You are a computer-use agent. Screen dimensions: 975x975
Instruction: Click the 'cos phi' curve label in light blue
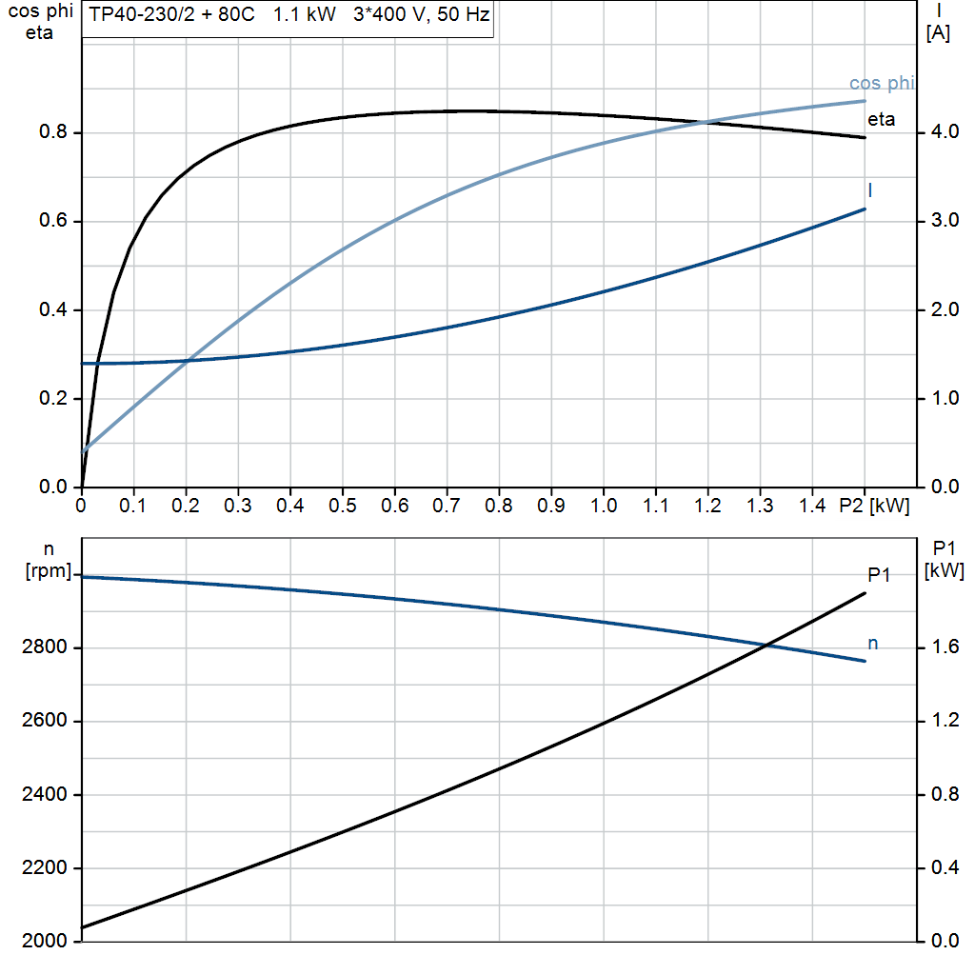881,84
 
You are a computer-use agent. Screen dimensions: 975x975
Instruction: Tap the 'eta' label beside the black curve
881,120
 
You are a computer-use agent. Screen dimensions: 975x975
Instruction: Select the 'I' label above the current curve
870,190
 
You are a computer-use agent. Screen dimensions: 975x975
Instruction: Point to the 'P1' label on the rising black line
879,574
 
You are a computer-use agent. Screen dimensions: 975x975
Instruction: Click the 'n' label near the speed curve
872,645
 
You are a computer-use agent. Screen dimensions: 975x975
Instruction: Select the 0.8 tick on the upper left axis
53,132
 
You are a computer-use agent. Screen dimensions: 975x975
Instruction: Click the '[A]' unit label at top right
937,33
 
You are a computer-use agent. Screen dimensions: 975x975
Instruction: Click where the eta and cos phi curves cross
705,122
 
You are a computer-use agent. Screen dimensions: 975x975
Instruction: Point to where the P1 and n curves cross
767,647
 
